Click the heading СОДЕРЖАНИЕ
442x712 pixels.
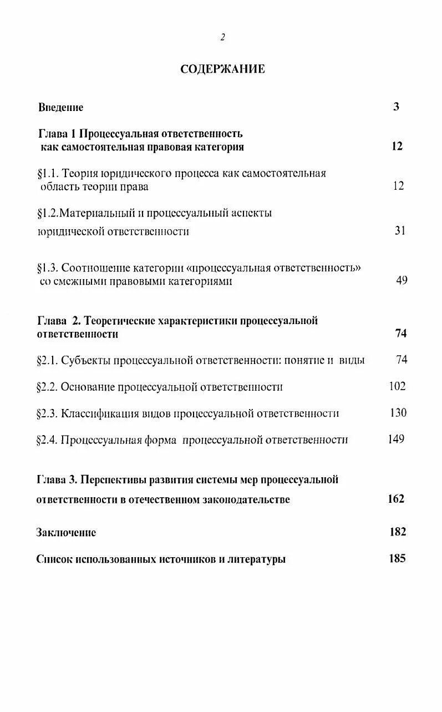pyautogui.click(x=222, y=69)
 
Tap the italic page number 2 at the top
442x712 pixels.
pyautogui.click(x=222, y=37)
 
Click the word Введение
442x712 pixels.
pyautogui.click(x=61, y=107)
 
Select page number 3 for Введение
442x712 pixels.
pyautogui.click(x=396, y=107)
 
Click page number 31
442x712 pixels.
pyautogui.click(x=400, y=230)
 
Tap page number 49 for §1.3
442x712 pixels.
pyautogui.click(x=402, y=280)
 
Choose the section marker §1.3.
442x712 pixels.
pyautogui.click(x=47, y=268)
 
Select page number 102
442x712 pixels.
pyautogui.click(x=397, y=386)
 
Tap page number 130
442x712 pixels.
pyautogui.click(x=398, y=412)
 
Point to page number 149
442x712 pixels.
pyautogui.click(x=396, y=439)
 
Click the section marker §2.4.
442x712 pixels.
pyautogui.click(x=47, y=440)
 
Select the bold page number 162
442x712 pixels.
pyautogui.click(x=396, y=498)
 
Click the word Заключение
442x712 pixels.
pyautogui.click(x=66, y=532)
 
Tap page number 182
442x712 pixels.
pyautogui.click(x=398, y=532)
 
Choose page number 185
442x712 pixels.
pyautogui.click(x=398, y=558)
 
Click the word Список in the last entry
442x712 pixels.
pyautogui.click(x=54, y=559)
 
